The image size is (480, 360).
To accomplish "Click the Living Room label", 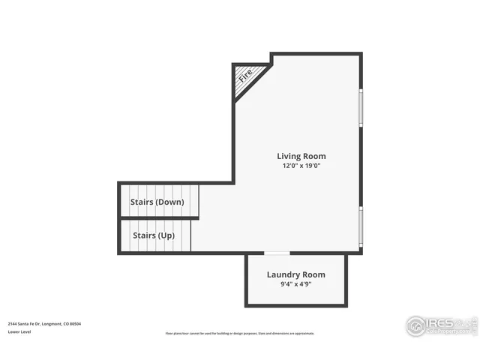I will (301, 157).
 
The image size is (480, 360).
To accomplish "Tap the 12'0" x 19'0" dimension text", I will (301, 167).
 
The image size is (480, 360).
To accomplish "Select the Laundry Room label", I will (296, 274).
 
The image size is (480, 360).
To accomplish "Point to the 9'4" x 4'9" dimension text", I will (296, 285).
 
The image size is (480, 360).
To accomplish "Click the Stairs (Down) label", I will (157, 202).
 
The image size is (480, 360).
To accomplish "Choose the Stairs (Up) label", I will (154, 235).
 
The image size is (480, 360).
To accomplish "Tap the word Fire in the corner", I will (245, 75).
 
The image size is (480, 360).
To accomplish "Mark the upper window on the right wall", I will (361, 107).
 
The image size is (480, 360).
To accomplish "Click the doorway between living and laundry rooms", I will (277, 253).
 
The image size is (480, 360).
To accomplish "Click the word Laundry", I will (283, 274).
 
